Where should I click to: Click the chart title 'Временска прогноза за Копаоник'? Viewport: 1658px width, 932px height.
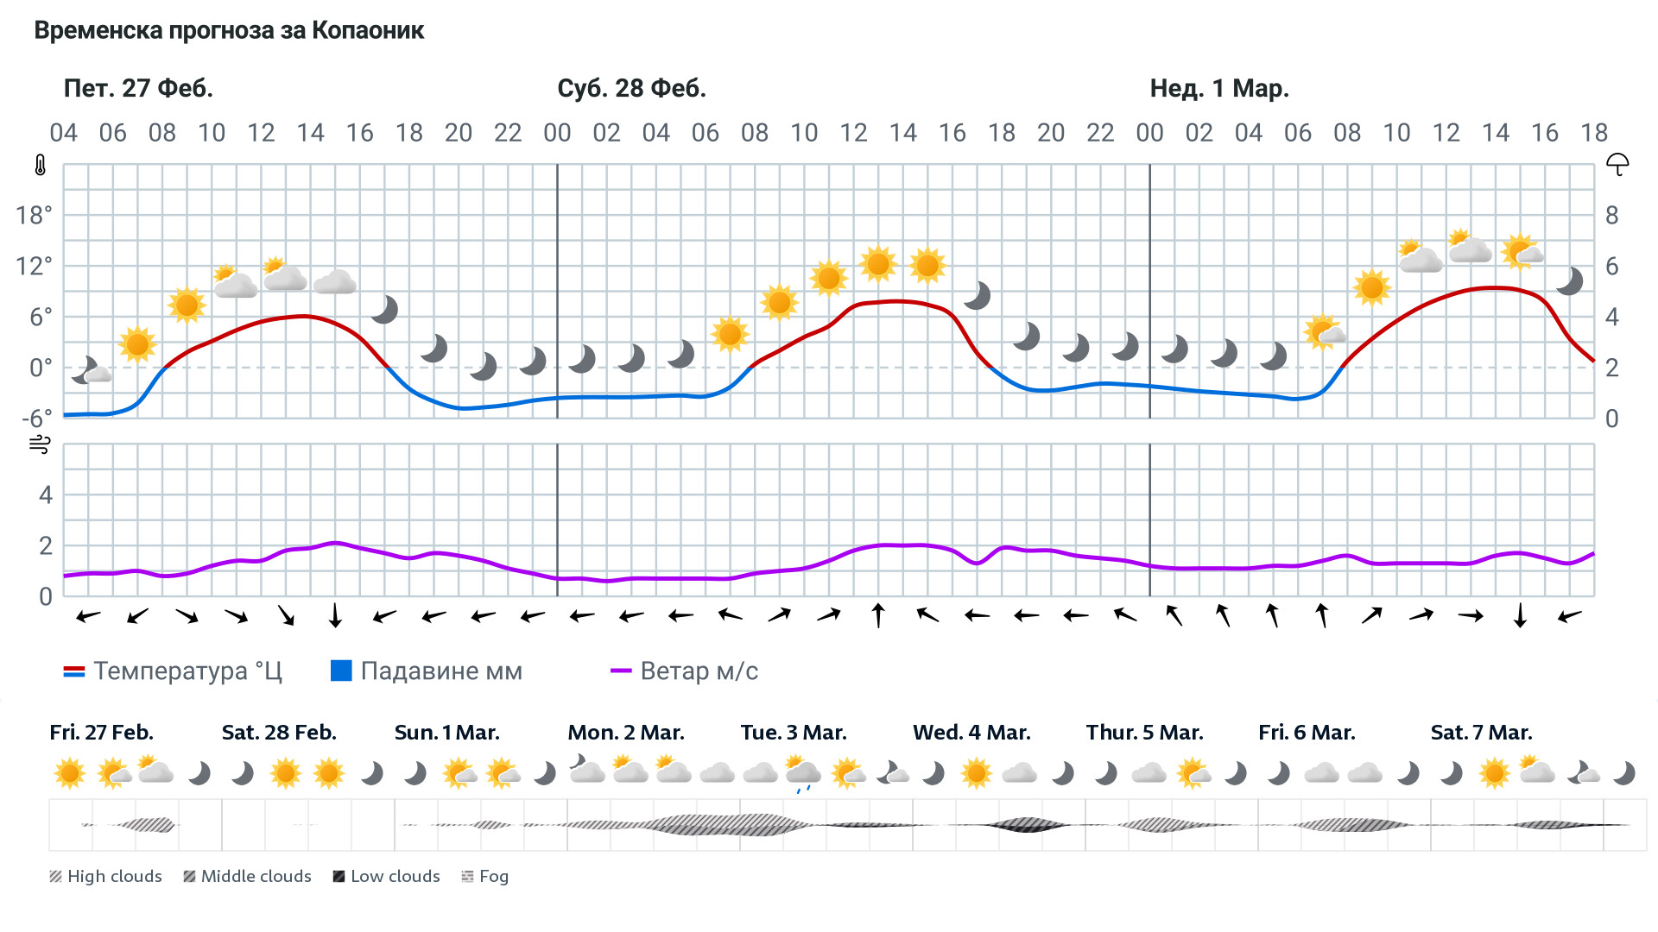click(x=229, y=31)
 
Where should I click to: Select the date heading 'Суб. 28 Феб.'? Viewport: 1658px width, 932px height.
click(x=631, y=88)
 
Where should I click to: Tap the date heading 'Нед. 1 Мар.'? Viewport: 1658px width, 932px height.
click(x=1218, y=88)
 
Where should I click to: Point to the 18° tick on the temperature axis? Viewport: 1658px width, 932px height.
click(x=34, y=215)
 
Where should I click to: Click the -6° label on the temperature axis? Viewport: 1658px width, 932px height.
click(x=36, y=419)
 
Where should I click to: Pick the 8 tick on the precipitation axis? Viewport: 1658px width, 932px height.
click(x=1611, y=215)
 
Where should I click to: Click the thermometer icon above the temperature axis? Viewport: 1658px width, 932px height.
click(x=40, y=165)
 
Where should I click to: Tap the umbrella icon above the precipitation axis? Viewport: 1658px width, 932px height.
click(x=1617, y=164)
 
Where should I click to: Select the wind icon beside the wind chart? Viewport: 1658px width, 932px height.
click(x=40, y=444)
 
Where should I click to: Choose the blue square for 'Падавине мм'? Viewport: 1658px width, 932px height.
click(x=341, y=671)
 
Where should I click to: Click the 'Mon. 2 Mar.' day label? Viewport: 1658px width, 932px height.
click(x=625, y=733)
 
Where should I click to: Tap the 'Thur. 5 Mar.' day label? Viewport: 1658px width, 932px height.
click(x=1144, y=733)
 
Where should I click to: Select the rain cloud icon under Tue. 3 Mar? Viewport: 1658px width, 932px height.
click(x=803, y=773)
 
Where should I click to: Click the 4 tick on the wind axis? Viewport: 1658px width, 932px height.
click(x=46, y=494)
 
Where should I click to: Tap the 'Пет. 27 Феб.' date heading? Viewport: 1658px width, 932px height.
click(x=138, y=88)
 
